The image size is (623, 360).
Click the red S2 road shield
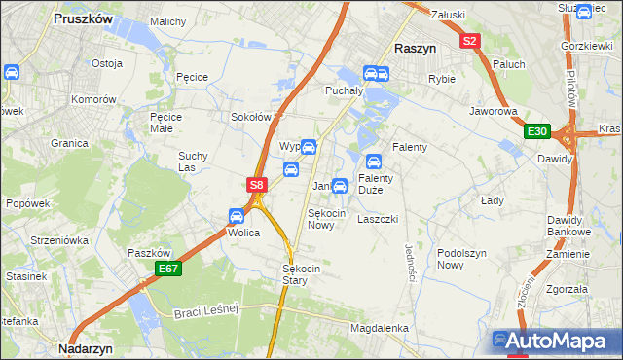[470, 41]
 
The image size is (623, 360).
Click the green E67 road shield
[167, 269]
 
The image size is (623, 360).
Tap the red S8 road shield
[255, 184]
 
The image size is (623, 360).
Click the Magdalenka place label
[379, 328]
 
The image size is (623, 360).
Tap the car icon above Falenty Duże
[373, 162]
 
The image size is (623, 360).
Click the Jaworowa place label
[493, 112]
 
